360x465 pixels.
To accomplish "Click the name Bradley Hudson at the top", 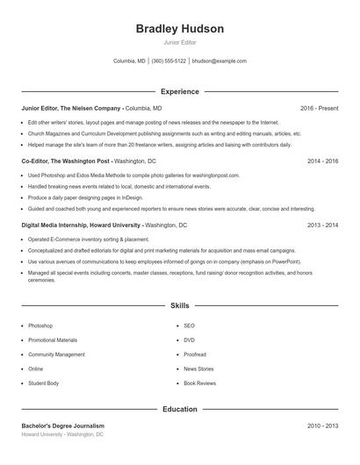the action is (x=180, y=29).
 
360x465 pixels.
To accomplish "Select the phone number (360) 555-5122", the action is (x=169, y=61).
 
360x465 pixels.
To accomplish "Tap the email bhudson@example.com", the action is (x=219, y=61).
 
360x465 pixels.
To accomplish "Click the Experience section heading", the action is (x=180, y=91).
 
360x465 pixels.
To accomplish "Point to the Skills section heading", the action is (x=180, y=306).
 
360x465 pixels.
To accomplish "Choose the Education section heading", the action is (x=180, y=410).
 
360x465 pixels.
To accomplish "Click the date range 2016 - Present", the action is (x=319, y=108).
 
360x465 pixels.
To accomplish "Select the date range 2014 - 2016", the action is (x=322, y=162).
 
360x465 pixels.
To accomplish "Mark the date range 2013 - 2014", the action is (x=322, y=225).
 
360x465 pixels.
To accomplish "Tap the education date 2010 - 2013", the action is (x=322, y=426).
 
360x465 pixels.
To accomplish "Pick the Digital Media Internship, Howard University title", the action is (x=82, y=225).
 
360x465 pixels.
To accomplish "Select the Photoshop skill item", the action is (x=40, y=325).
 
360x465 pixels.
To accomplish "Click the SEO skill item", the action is (x=189, y=325).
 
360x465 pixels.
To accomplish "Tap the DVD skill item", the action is (x=189, y=340).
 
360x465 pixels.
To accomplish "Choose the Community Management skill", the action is (x=56, y=354).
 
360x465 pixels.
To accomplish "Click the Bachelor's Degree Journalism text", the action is (x=62, y=426).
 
